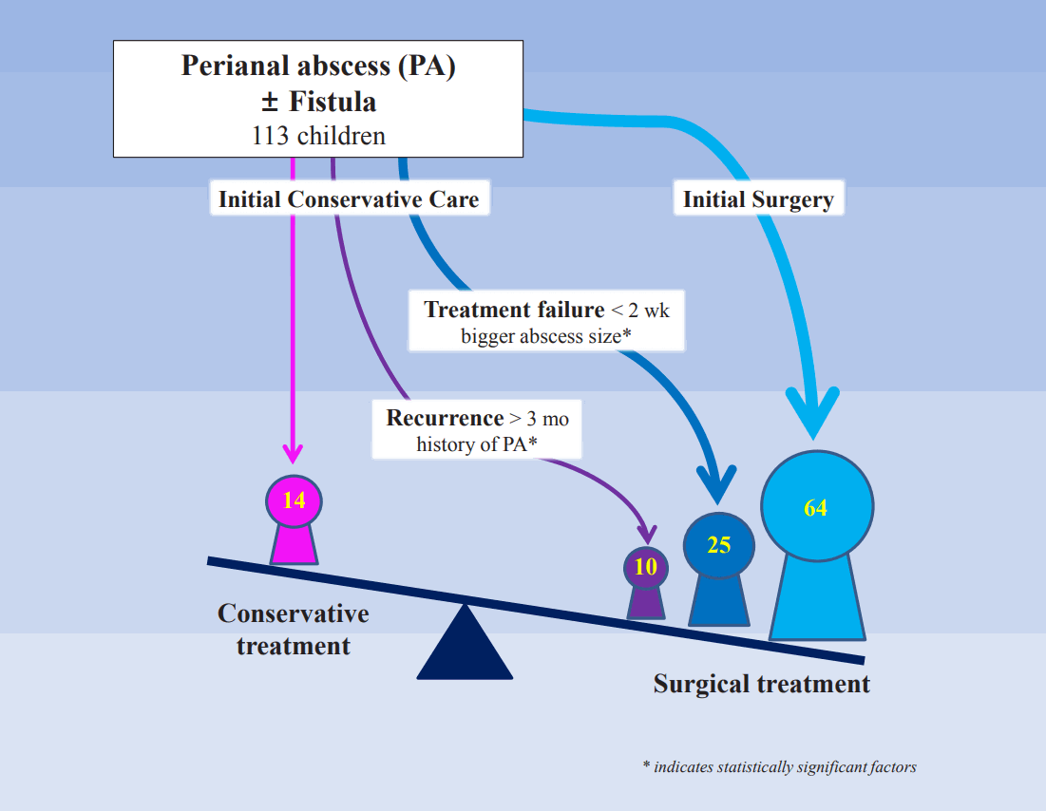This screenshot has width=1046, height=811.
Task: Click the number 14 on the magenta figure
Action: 295,500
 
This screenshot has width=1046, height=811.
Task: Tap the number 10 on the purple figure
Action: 645,567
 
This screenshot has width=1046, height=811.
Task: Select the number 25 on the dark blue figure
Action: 719,545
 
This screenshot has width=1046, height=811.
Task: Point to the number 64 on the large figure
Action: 815,507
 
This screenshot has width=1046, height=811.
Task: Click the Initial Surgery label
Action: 758,199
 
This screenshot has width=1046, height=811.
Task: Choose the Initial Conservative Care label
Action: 349,199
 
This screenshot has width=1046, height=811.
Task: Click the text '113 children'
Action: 319,136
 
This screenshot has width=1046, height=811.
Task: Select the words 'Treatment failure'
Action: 514,310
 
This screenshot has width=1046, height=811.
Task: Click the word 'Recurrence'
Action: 445,418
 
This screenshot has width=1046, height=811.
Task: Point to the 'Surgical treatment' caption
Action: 761,684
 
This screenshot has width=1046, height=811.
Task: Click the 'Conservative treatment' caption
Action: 294,630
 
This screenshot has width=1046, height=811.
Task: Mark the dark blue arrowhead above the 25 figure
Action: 717,483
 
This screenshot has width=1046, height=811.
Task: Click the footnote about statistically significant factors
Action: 779,766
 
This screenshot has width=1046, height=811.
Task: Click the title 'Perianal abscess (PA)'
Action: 318,66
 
